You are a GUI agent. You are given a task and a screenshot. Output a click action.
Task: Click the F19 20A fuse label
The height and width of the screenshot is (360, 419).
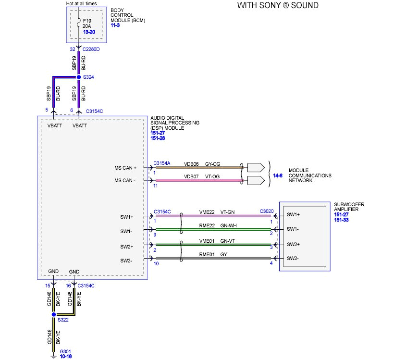(x=88, y=24)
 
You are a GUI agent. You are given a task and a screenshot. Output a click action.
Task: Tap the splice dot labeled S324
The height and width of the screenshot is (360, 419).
(x=79, y=77)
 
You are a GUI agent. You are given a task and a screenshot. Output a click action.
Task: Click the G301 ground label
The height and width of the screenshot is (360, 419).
(x=65, y=352)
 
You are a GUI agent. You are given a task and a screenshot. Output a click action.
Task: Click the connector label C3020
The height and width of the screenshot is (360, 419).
(x=267, y=211)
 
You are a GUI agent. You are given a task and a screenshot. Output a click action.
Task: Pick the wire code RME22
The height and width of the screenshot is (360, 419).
(x=194, y=225)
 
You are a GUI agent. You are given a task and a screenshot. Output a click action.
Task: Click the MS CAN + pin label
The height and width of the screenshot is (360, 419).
(x=125, y=168)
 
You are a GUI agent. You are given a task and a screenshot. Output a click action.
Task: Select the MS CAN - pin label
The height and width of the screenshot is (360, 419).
(x=125, y=181)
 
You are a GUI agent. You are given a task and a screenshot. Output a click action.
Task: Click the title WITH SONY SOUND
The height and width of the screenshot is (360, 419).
(x=278, y=6)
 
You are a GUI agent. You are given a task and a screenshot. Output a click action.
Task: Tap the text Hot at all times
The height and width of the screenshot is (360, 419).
(x=81, y=3)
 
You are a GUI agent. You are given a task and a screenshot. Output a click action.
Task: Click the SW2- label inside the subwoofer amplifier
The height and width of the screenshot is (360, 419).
(x=294, y=259)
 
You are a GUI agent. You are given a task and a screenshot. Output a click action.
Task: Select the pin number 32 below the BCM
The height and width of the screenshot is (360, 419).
(x=72, y=50)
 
